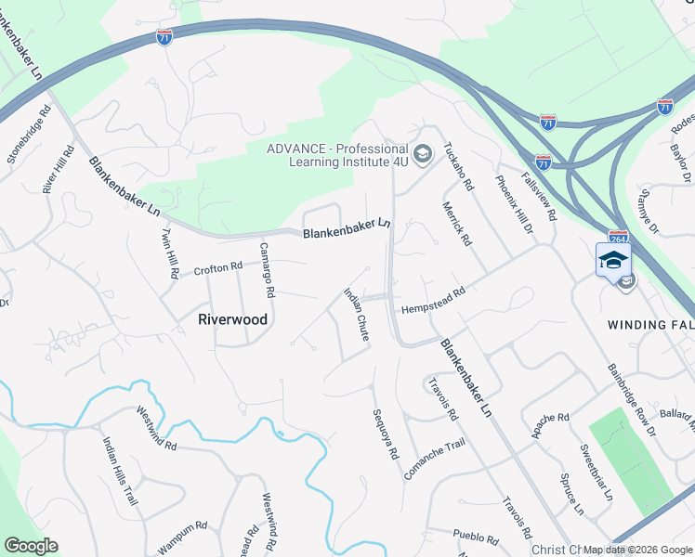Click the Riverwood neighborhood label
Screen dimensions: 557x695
[x=233, y=319]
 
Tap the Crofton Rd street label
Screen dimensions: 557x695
[x=217, y=269]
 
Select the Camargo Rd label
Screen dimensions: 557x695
[x=266, y=270]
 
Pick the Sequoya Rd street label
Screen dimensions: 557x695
[x=385, y=434]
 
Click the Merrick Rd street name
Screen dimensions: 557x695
[x=457, y=224]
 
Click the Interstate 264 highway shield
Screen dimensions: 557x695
[x=618, y=238]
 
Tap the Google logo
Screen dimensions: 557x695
[x=31, y=546]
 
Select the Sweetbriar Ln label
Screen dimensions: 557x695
[x=597, y=473]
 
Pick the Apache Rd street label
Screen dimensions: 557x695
[x=550, y=425]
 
